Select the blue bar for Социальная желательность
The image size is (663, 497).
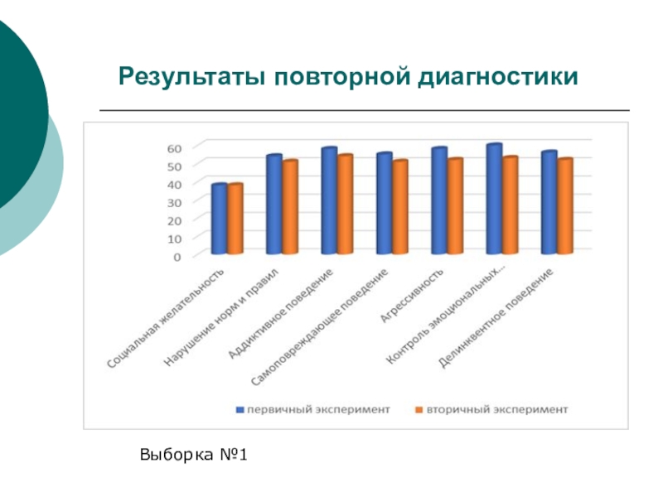(x=219, y=220)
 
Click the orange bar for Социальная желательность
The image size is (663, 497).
(x=235, y=220)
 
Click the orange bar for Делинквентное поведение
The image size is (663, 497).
(x=565, y=206)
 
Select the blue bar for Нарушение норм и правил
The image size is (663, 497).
(x=273, y=205)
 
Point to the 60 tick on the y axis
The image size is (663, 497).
(x=174, y=147)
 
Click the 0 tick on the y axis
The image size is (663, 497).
(x=177, y=257)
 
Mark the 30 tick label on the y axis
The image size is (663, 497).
(x=174, y=202)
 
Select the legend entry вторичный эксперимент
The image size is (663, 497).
(x=497, y=409)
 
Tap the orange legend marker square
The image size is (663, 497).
(x=419, y=409)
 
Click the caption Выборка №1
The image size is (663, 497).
(x=195, y=455)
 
